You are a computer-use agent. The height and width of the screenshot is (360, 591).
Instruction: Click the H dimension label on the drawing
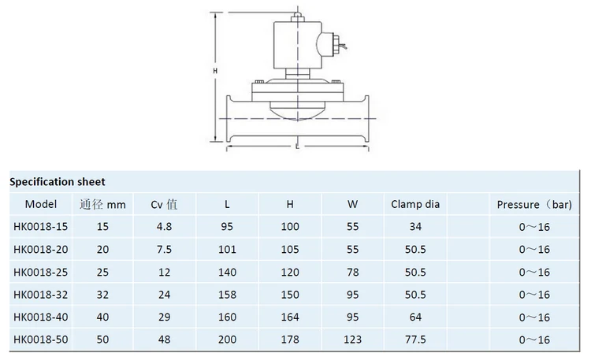pos(215,70)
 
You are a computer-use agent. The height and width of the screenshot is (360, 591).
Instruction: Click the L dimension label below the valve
pos(297,147)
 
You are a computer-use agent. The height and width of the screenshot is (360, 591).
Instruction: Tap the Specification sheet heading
pos(58,182)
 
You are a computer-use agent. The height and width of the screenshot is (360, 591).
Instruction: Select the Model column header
pos(41,204)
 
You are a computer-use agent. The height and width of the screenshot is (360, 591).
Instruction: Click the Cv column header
pos(164,204)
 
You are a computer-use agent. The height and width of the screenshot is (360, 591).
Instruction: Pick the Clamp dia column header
pos(415,204)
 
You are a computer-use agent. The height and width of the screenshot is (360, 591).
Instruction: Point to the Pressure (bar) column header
pos(534,204)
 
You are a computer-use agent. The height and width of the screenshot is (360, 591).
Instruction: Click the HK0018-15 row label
pos(41,227)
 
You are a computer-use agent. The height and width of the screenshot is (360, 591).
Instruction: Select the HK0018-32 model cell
pos(41,295)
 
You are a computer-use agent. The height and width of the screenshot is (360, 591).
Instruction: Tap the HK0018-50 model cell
pos(41,340)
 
